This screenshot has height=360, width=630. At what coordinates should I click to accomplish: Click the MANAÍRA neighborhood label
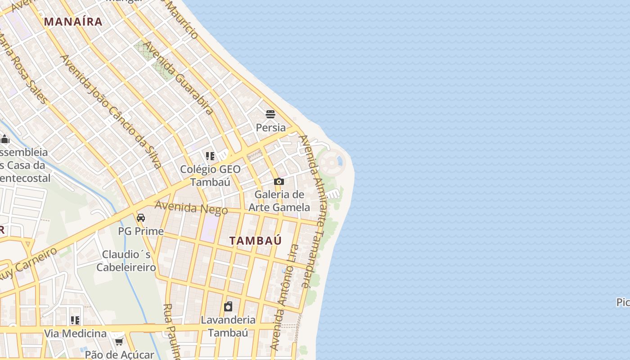(x=73, y=22)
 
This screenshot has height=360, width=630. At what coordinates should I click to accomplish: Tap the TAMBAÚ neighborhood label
(x=256, y=241)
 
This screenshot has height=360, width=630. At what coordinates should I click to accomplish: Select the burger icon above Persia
(x=270, y=114)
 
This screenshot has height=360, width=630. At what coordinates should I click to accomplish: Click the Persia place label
(x=270, y=127)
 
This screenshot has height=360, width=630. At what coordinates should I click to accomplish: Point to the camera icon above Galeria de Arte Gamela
(x=279, y=182)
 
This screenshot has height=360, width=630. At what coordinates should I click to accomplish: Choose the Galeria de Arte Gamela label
(x=279, y=201)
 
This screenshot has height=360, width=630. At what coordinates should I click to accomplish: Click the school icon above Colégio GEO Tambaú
(x=210, y=156)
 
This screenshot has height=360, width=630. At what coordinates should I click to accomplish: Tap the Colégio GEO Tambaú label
(x=210, y=175)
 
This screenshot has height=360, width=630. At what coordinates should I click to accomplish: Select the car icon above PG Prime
(x=141, y=218)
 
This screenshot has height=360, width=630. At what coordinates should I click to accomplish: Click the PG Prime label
(x=141, y=231)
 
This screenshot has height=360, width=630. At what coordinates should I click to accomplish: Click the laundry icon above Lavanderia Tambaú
(x=228, y=307)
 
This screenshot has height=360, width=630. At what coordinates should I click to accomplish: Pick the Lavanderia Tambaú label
(x=228, y=326)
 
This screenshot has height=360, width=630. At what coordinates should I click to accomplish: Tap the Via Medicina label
(x=75, y=333)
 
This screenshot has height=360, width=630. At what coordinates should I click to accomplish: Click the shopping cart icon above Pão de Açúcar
(x=119, y=342)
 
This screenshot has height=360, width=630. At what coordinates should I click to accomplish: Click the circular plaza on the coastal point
(x=332, y=161)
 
